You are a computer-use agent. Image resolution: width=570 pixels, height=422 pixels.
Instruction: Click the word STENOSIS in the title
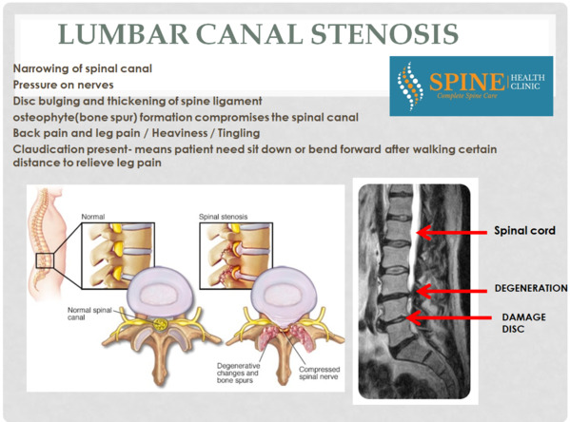[x=384, y=34]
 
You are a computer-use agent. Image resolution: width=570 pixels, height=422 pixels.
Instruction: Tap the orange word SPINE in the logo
[x=467, y=82]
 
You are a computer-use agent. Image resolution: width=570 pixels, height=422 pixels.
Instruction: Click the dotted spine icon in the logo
[x=410, y=86]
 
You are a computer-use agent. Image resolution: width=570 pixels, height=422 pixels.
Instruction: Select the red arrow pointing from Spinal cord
[x=451, y=233]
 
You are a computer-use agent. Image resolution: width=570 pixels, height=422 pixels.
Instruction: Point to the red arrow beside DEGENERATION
[x=451, y=291]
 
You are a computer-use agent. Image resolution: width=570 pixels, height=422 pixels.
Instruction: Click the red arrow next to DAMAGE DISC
[x=448, y=317]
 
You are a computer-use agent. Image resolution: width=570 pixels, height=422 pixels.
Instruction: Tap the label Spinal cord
[x=524, y=231]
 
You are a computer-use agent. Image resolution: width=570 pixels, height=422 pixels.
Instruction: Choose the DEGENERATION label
[x=531, y=288]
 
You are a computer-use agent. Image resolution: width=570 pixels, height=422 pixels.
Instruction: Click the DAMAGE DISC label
[x=523, y=323]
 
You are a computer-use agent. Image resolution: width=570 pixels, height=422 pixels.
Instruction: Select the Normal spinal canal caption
[x=89, y=314]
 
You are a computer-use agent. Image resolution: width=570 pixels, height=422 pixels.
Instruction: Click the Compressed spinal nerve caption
[x=319, y=373]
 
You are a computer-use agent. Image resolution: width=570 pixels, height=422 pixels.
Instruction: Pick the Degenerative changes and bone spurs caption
[x=238, y=373]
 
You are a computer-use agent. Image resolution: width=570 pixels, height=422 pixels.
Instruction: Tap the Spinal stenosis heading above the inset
[x=224, y=217]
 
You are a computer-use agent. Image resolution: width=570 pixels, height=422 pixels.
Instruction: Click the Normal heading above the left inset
[x=93, y=217]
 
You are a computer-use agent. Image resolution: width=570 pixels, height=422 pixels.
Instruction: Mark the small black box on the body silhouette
[x=45, y=260]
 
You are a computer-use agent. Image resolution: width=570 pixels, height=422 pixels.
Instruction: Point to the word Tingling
[x=239, y=134]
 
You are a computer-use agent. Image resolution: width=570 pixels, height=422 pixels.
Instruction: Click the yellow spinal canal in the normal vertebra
[x=160, y=324]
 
